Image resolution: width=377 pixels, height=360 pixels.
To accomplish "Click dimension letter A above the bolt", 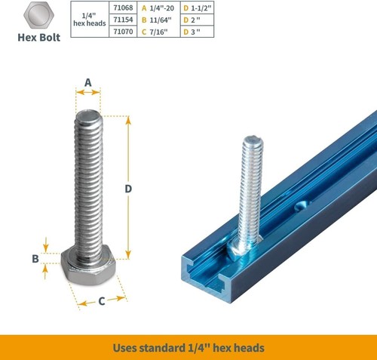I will pos(87,82).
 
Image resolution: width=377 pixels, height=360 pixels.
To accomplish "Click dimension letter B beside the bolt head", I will pos(35,259).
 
